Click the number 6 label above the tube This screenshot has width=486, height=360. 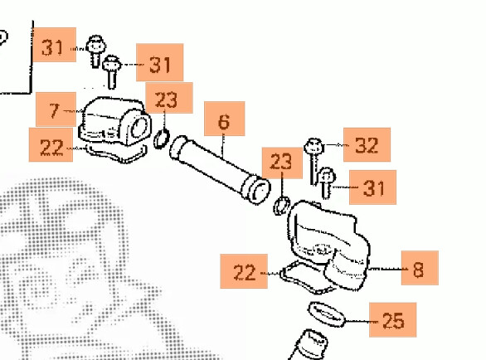tap(225, 119)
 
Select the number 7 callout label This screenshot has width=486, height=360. tap(56, 109)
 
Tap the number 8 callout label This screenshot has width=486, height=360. tap(420, 268)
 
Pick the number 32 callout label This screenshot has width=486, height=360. tap(367, 144)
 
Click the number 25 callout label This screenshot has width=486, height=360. tap(393, 319)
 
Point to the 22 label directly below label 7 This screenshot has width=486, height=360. tap(51, 145)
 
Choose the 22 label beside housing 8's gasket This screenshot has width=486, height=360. tap(244, 271)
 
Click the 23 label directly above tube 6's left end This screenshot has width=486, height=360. tap(169, 98)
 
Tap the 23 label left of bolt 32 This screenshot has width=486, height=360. tap(282, 163)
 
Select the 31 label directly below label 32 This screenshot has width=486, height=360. tap(372, 187)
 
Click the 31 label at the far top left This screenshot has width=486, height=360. tap(55, 45)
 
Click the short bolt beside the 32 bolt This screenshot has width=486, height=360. tap(326, 183)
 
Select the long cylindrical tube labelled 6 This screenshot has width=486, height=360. tap(220, 170)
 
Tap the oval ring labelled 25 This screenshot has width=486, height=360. tap(327, 314)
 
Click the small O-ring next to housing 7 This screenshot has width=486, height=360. tap(162, 139)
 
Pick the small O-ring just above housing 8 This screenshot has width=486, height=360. tap(282, 206)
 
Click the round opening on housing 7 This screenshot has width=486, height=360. tap(139, 128)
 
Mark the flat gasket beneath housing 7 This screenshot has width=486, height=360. tap(115, 153)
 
